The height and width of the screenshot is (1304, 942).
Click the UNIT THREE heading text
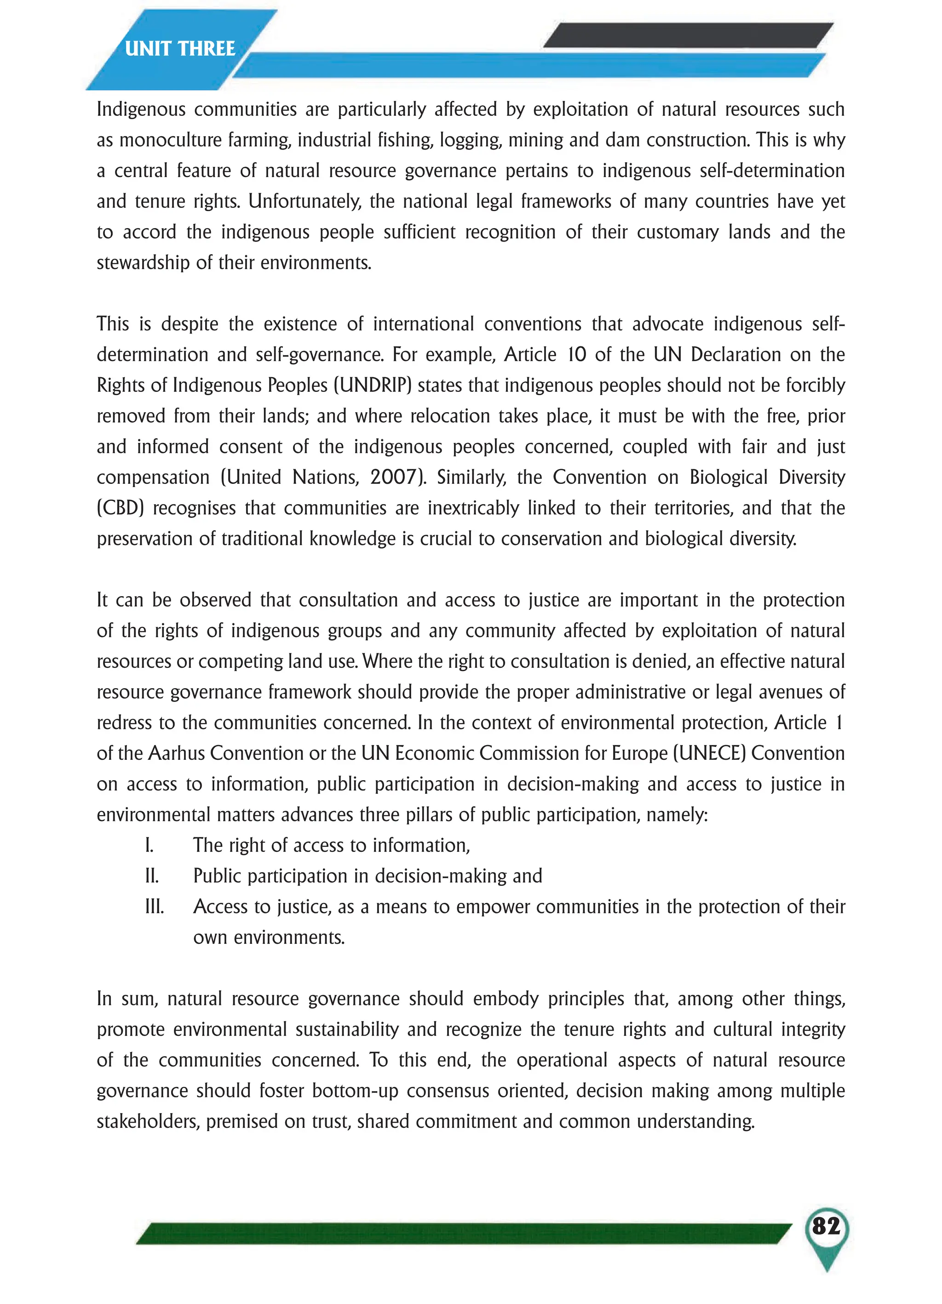(x=180, y=48)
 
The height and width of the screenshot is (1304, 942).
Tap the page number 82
(x=826, y=1226)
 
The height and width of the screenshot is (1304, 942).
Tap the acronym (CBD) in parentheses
(x=120, y=508)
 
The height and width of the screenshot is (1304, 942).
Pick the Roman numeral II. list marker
(x=152, y=876)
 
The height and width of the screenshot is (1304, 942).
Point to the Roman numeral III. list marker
(x=154, y=907)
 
